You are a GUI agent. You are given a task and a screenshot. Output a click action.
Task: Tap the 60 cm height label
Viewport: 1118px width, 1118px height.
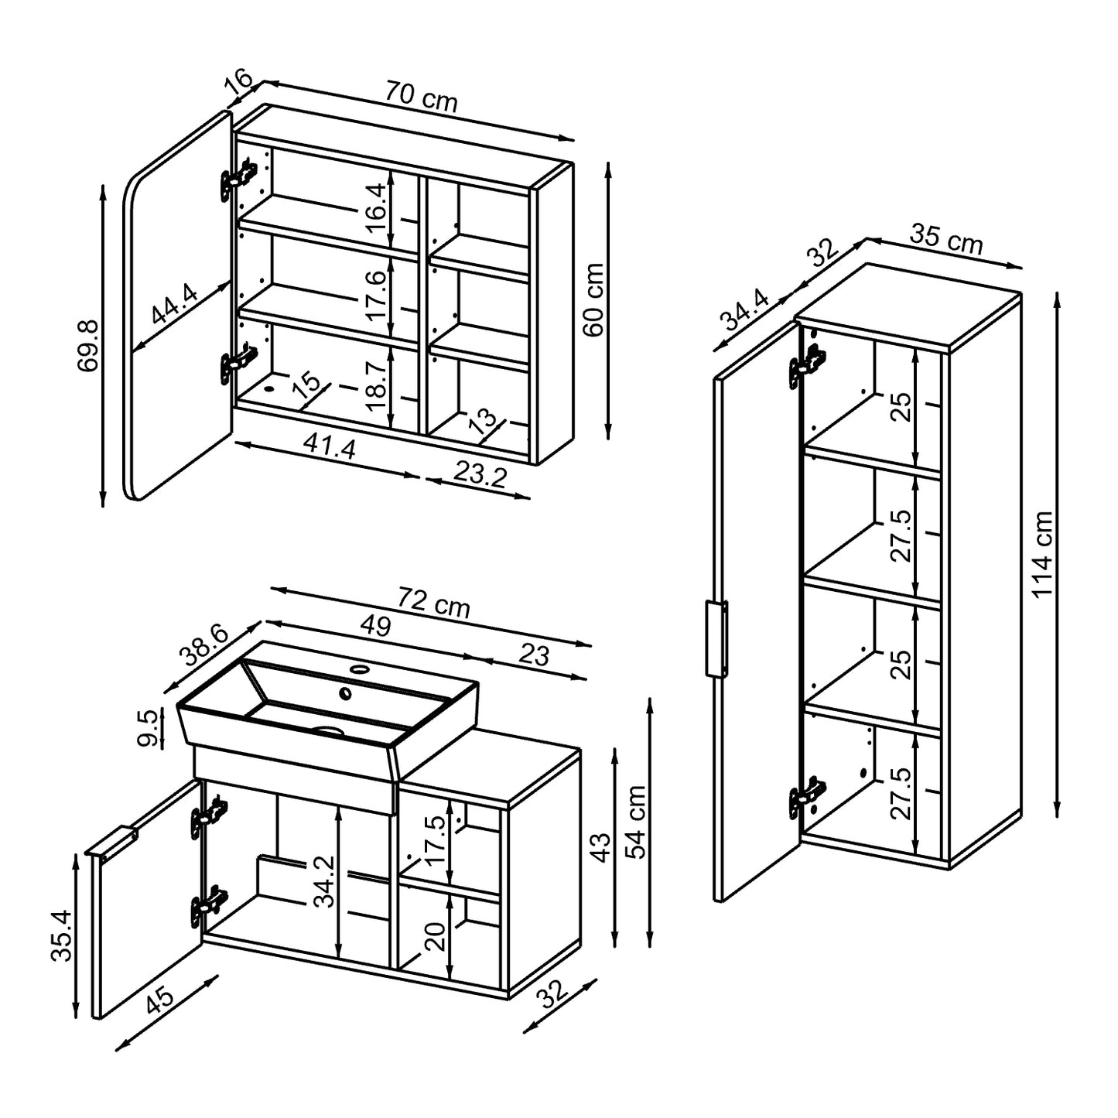pos(593,299)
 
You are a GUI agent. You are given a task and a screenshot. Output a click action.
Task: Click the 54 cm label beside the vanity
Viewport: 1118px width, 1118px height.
pos(636,822)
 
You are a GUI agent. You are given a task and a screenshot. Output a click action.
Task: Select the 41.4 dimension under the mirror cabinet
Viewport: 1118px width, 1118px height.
pos(330,447)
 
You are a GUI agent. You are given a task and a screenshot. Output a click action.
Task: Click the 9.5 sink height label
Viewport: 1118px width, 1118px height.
pos(151,728)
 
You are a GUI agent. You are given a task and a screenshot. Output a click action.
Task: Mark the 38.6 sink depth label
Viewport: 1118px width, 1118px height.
pos(203,647)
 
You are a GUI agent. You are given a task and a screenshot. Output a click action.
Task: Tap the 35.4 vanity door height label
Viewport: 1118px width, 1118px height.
pos(61,935)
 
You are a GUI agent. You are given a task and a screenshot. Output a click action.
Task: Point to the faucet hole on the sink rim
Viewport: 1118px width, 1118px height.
pos(360,668)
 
